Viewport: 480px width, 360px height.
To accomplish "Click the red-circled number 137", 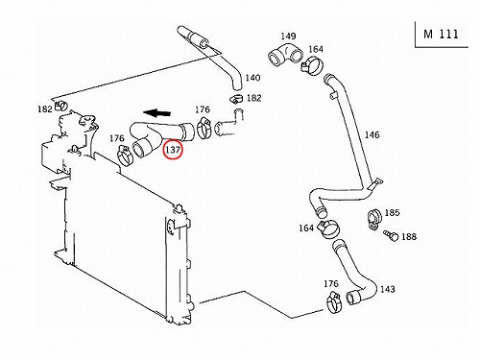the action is [173, 149].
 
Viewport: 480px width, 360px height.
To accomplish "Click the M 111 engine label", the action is [441, 34].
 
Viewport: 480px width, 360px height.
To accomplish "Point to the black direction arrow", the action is [156, 112].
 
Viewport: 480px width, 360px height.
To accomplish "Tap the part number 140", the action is [252, 78].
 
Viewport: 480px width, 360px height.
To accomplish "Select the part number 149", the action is [288, 36].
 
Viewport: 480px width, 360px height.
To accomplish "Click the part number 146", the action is [372, 134].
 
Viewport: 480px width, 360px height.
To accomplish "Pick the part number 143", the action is [388, 289].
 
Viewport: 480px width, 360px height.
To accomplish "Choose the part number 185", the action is [392, 213].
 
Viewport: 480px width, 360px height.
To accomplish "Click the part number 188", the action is [409, 237].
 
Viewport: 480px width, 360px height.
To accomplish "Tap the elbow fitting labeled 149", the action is [284, 55].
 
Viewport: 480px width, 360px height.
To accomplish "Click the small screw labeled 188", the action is [391, 235].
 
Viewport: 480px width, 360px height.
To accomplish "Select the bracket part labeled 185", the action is [373, 219].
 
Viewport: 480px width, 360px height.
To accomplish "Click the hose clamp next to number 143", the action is [334, 302].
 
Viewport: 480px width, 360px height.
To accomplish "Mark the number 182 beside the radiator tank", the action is [45, 109].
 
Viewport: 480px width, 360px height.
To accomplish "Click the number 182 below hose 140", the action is [254, 98].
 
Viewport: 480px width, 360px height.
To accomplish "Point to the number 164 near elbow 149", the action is [316, 49].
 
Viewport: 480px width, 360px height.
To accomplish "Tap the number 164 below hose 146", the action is [306, 228].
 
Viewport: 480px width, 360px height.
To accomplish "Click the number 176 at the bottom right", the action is [331, 284].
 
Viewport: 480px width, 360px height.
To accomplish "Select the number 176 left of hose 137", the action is [117, 138].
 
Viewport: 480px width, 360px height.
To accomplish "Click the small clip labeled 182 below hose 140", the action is [236, 99].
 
